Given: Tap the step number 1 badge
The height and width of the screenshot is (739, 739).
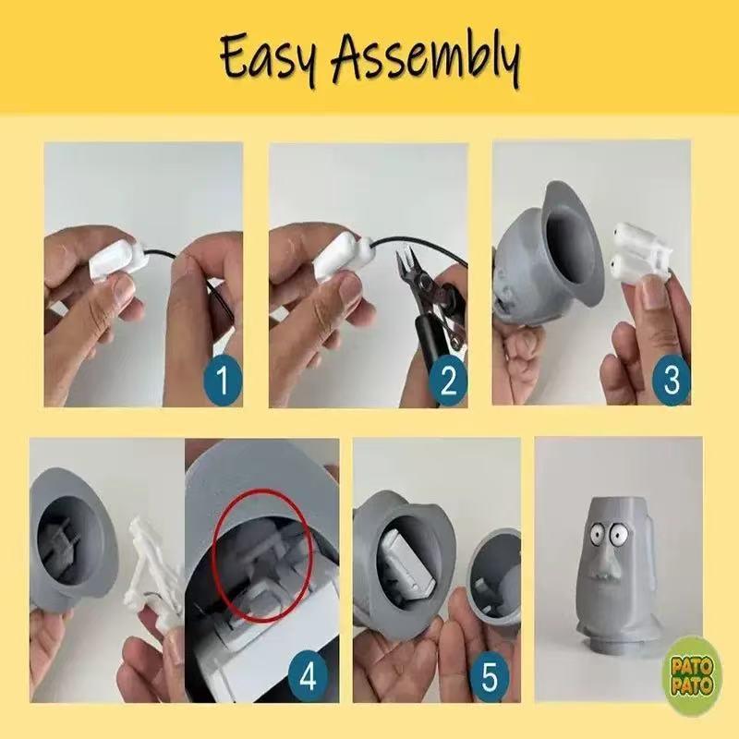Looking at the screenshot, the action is tap(223, 381).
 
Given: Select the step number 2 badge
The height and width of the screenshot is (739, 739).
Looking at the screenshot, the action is tap(448, 381).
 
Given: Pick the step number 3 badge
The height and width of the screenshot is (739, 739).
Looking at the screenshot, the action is tap(672, 380).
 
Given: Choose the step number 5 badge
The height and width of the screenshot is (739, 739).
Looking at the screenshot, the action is tap(490, 677).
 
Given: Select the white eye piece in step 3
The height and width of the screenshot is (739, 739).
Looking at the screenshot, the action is tap(638, 249).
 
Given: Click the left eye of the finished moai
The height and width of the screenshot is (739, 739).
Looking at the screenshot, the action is tap(596, 534).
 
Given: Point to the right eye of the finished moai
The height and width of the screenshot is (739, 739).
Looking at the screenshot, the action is tap(618, 533).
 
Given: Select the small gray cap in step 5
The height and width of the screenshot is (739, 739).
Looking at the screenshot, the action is tap(492, 579).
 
